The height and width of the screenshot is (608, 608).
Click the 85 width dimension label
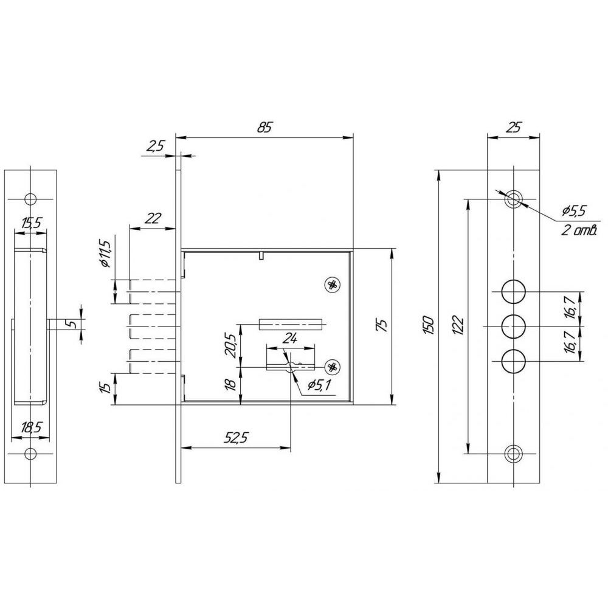tap(265, 128)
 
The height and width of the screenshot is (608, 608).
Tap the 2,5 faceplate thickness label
tap(156, 146)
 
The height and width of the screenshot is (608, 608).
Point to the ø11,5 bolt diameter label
tap(105, 254)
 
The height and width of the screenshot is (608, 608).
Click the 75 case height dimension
tap(382, 325)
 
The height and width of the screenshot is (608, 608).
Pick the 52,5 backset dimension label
tap(236, 438)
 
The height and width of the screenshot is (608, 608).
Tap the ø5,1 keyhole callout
tap(319, 385)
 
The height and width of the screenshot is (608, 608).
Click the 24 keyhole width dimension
tap(289, 339)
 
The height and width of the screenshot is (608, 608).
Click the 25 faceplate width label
tap(514, 127)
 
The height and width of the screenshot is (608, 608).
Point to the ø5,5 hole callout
tap(574, 212)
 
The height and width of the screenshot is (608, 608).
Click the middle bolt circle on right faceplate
tap(513, 326)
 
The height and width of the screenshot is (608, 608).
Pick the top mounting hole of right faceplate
tap(513, 199)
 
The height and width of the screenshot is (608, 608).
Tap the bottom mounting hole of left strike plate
tap(30, 454)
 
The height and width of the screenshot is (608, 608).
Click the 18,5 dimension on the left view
tap(31, 427)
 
